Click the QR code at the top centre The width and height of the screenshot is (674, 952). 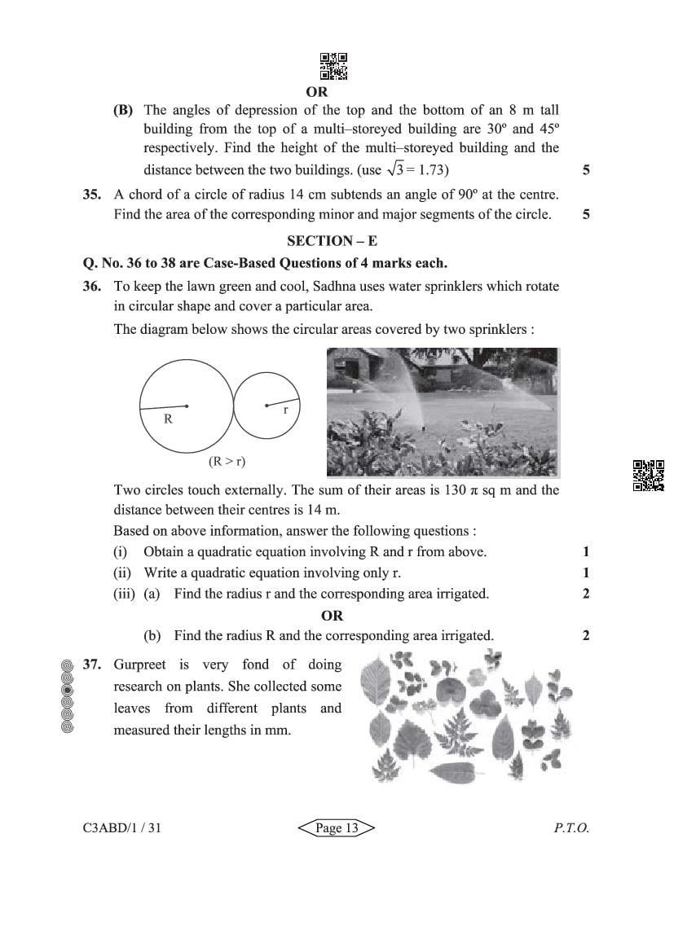tap(333, 67)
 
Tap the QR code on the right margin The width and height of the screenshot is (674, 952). tap(649, 476)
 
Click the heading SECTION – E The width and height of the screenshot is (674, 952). tap(332, 241)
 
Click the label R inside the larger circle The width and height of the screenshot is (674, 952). tap(168, 419)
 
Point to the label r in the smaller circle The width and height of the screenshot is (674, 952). tap(285, 410)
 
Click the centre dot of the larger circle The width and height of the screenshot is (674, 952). tap(187, 405)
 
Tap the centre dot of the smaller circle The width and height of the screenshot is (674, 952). tap(266, 405)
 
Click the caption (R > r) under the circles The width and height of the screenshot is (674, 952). tap(227, 461)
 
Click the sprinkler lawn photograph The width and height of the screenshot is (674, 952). tap(442, 412)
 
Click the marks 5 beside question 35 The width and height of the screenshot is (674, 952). tap(586, 215)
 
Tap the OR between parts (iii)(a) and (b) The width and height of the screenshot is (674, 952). tap(332, 616)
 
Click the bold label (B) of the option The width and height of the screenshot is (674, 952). tap(123, 110)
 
